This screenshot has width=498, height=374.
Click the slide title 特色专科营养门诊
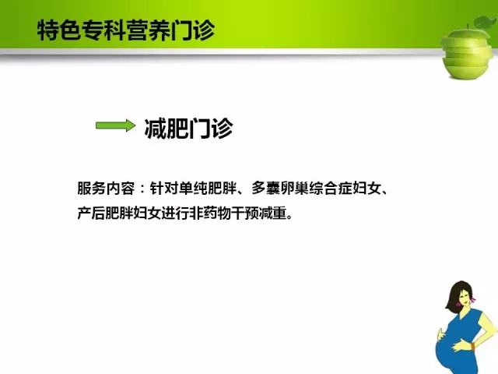tap(126, 30)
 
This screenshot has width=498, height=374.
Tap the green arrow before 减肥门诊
tap(116, 125)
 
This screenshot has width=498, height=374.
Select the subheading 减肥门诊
tap(188, 129)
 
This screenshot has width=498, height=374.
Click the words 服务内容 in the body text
tap(106, 189)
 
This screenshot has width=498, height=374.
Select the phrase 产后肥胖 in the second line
tap(106, 213)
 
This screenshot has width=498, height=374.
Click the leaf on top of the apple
tap(485, 23)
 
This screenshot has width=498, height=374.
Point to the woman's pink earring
tap(473, 299)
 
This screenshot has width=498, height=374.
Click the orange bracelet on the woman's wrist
tap(474, 346)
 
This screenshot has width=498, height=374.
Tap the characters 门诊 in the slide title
tap(193, 30)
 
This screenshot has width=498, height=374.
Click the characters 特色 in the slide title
tap(59, 30)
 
